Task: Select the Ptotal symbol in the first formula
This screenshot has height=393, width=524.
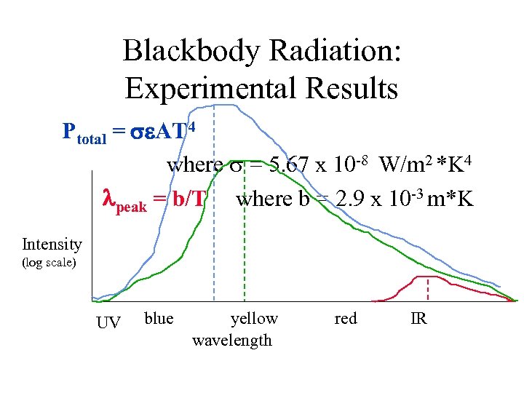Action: click(x=84, y=132)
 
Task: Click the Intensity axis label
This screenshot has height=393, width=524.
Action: click(x=52, y=244)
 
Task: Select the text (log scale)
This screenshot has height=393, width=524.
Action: click(x=49, y=262)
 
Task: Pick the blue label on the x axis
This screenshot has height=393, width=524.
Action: click(x=159, y=318)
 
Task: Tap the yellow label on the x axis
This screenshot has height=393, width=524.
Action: click(x=254, y=318)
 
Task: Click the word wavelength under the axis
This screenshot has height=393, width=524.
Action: click(x=231, y=340)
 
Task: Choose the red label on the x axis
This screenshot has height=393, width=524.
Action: click(x=345, y=318)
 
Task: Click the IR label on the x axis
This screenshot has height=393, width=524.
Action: click(x=418, y=318)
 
